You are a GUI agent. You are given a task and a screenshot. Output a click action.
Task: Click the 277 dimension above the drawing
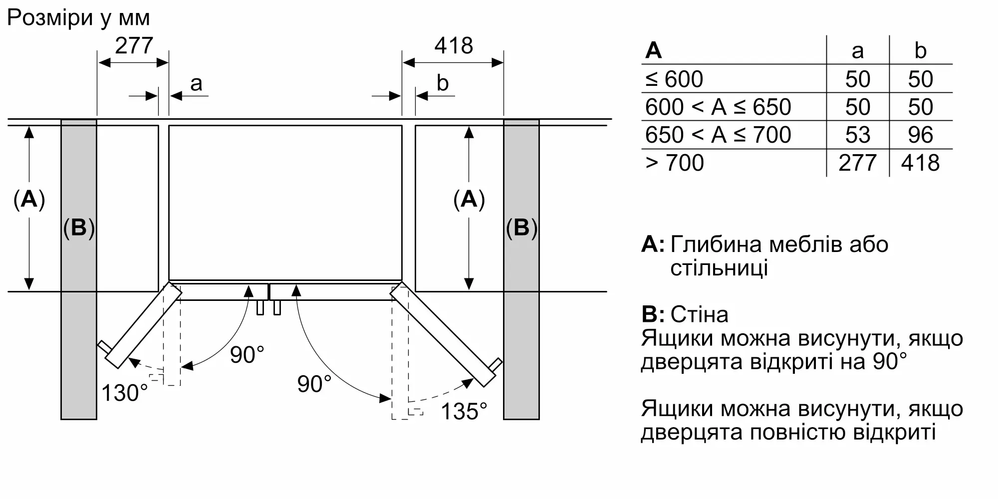point(134,46)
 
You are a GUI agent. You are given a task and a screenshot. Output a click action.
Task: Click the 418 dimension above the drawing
point(453,46)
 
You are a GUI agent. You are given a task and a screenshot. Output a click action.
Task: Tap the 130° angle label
point(125,393)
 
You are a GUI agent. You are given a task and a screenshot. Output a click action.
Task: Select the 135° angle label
point(464,412)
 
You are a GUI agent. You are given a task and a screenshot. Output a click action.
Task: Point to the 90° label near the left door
point(247,355)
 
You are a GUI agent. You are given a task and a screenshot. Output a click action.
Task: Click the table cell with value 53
point(857,135)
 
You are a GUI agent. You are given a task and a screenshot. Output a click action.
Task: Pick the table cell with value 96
point(920,135)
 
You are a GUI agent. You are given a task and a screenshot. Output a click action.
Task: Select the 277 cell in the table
point(857,163)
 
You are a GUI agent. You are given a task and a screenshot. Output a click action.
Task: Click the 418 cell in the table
point(920,163)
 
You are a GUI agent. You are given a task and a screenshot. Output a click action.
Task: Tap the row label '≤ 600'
point(674,79)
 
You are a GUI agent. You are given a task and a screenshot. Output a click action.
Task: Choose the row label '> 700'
point(674,163)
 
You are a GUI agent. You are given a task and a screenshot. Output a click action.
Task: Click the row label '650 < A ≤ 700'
point(718,135)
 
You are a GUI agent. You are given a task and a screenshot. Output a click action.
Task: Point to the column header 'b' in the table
point(920,51)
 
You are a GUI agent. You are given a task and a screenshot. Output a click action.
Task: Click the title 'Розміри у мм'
point(78,18)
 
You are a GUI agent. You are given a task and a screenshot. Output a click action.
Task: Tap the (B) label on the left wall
point(79,228)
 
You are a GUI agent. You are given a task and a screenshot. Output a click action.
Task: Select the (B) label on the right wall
point(521,228)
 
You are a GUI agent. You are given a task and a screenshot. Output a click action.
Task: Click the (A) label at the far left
point(29,199)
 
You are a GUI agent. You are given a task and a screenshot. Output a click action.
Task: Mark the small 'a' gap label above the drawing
point(196,83)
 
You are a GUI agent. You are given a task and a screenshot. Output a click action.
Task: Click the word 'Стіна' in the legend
point(699,314)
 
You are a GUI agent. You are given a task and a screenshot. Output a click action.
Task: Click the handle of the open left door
point(103,346)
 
